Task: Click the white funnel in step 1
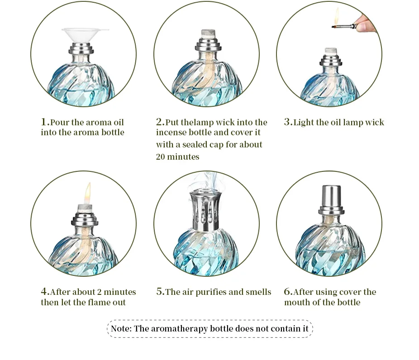tap(85, 34)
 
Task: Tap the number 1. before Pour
tap(45, 122)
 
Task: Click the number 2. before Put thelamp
tap(160, 122)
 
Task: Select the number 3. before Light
tap(288, 122)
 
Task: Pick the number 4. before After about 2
tap(45, 292)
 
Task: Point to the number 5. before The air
tap(160, 292)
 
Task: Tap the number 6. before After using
tap(288, 292)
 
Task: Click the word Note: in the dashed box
tap(121, 329)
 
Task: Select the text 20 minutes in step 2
tap(177, 156)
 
